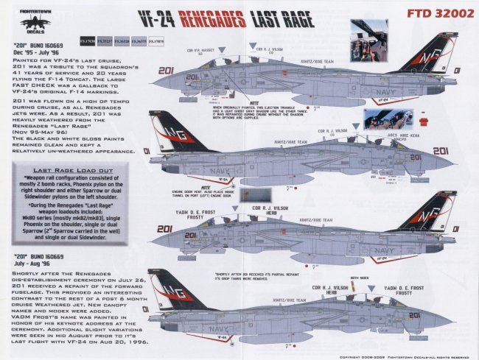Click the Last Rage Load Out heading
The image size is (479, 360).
tap(71, 169)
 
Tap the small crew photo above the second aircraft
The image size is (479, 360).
tap(383, 119)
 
